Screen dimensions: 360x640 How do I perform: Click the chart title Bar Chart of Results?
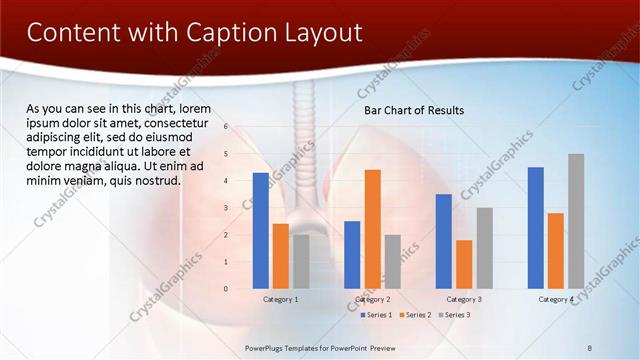pos(413,110)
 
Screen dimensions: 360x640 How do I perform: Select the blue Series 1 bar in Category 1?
pos(261,230)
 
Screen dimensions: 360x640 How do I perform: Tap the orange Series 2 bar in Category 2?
pos(372,228)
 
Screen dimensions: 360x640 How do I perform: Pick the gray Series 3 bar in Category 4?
pos(576,221)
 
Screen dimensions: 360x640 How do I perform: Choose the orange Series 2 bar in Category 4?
pos(556,250)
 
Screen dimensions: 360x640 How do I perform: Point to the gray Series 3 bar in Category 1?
pos(301,261)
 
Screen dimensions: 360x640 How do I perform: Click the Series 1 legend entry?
pos(376,315)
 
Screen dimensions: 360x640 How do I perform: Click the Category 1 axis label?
pos(281,299)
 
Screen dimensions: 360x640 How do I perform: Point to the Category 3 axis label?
pos(464,299)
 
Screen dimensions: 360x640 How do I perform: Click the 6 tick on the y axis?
pos(227,127)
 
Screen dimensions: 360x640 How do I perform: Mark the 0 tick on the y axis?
pos(227,289)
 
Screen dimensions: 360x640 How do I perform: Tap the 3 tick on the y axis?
pos(227,208)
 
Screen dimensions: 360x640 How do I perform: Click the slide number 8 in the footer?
pos(590,348)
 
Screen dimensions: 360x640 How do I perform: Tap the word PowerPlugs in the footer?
pos(268,348)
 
